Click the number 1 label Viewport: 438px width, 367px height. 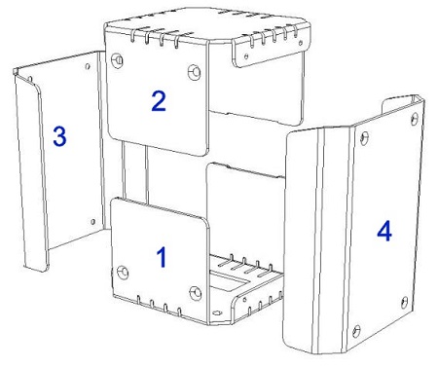pos(162,257)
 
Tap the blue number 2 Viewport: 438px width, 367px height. pos(159,101)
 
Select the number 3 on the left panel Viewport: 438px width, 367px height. pos(59,136)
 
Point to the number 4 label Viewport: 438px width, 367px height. pos(384,231)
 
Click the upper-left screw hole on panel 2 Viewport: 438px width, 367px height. pos(117,60)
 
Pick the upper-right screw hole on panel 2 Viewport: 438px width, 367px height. pos(195,72)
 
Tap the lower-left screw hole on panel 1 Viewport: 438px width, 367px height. pos(123,273)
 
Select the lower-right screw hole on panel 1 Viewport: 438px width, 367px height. pos(196,293)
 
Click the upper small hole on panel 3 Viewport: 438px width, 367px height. pos(88,66)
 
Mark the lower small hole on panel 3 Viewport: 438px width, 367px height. pos(92,222)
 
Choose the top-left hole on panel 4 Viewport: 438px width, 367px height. pos(364,138)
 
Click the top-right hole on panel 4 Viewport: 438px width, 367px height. pos(415,120)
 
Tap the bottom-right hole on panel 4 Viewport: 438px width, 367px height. pos(404,303)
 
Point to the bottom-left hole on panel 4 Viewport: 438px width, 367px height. pos(356,332)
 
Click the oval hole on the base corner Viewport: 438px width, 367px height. pos(216,312)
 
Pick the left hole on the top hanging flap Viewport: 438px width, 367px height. pos(246,56)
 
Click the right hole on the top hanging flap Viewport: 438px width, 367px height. pos(301,43)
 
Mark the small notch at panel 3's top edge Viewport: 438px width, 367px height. pos(30,79)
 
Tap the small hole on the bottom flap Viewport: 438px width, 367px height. pos(244,300)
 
